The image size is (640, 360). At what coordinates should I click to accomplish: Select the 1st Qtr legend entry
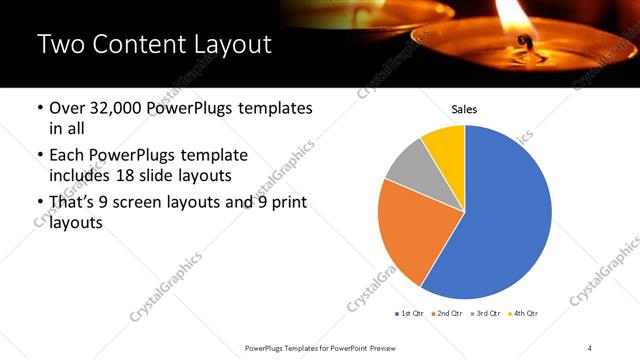(411, 313)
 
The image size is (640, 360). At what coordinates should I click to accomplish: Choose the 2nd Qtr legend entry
(447, 313)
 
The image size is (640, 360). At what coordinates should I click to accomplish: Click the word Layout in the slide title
(224, 44)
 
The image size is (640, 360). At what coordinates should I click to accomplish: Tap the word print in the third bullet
(286, 203)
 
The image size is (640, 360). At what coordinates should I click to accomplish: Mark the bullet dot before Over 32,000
(39, 108)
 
